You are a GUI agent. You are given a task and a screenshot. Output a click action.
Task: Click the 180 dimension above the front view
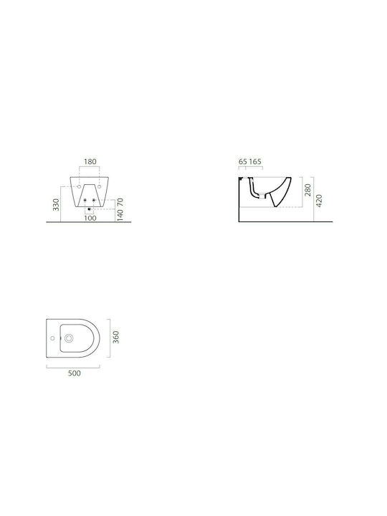coord(90,161)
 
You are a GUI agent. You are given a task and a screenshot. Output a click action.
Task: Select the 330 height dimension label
coord(57,205)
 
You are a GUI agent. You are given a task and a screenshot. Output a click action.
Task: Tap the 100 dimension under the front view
coord(90,218)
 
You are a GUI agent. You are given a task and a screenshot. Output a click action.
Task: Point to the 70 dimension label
coord(120,202)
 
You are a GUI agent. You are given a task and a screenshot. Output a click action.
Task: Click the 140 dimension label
coord(120,215)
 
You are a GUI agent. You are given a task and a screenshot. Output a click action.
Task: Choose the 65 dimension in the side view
coord(243,161)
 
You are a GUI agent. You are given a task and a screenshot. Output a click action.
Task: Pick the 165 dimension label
coord(255,161)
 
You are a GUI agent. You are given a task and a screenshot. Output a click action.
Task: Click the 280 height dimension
coord(307,190)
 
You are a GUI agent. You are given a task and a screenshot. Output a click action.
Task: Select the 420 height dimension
coord(318,201)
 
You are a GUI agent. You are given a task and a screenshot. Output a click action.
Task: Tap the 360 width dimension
coord(116,338)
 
